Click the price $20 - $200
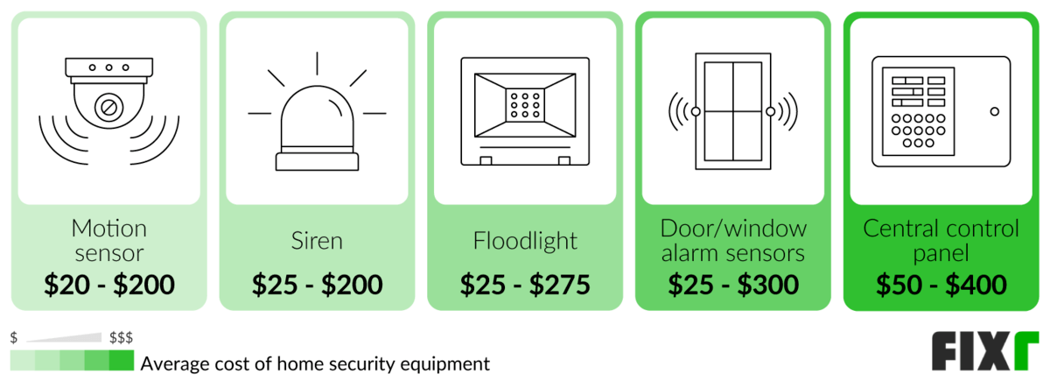[109, 285]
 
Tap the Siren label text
[317, 241]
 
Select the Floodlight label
[525, 241]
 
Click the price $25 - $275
[525, 285]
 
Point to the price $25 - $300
[733, 285]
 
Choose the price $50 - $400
[941, 285]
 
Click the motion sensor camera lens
[109, 109]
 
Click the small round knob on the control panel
[994, 111]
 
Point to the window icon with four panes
[733, 111]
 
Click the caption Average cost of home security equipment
[315, 363]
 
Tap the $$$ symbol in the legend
[121, 337]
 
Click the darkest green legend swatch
[122, 362]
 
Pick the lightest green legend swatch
[23, 362]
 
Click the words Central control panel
[941, 241]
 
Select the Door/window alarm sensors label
[733, 241]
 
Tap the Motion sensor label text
[109, 241]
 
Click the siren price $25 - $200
[317, 285]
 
